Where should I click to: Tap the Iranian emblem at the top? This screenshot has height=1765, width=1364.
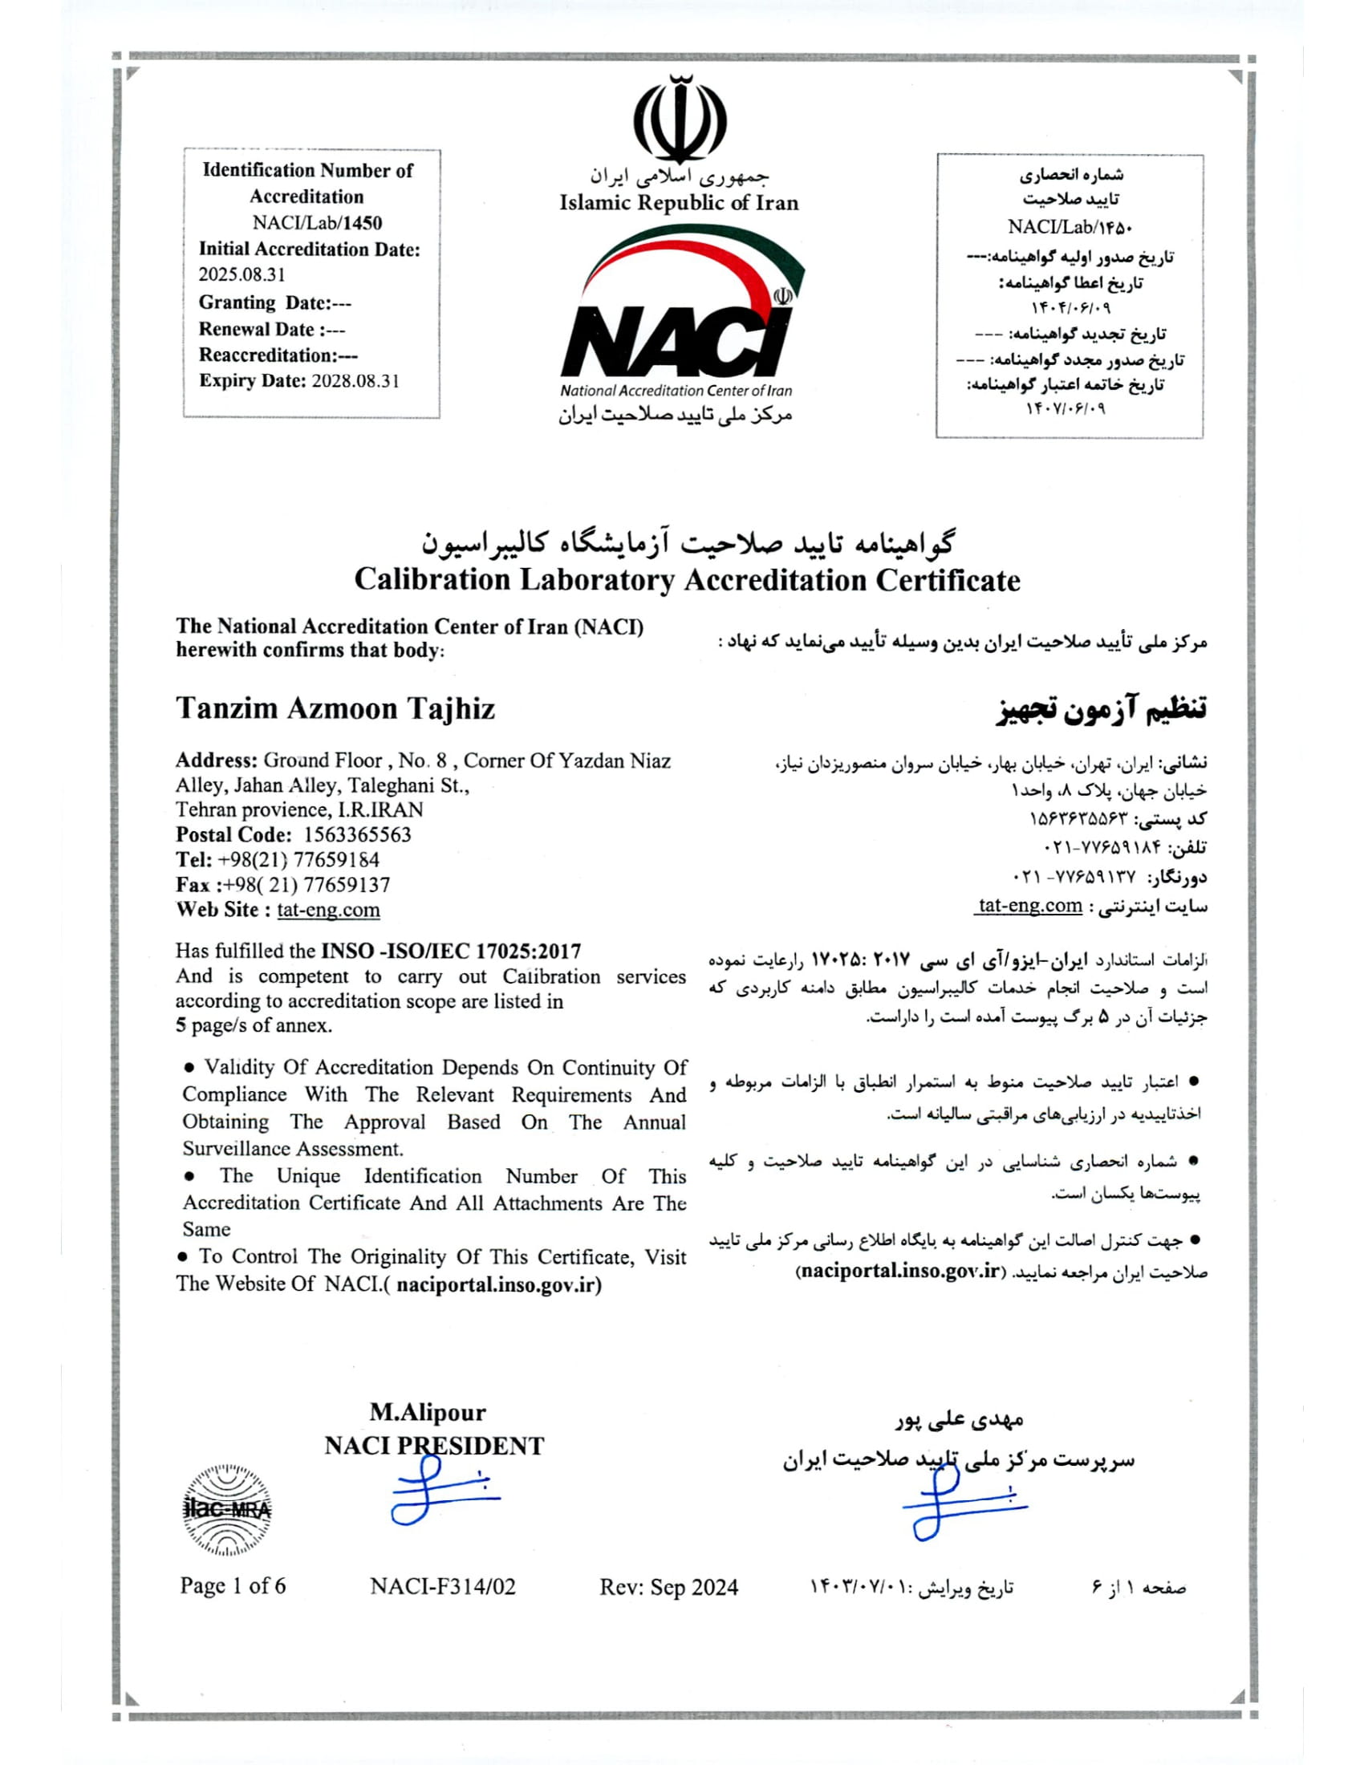tap(680, 119)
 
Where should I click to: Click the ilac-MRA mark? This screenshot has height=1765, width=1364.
tap(228, 1510)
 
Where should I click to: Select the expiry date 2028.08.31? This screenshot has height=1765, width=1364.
tap(355, 381)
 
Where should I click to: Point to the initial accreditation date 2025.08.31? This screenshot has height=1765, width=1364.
tap(242, 274)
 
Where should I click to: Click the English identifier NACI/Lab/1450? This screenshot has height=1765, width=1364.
tap(317, 223)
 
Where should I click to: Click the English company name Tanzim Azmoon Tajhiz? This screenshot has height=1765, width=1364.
tap(335, 708)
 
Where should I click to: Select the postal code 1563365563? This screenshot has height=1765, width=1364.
tap(357, 835)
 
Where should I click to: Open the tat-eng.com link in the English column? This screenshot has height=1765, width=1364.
tap(328, 910)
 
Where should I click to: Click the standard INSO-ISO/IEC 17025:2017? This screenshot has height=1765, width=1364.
tap(451, 952)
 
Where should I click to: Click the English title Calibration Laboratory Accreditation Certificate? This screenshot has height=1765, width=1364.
tap(687, 580)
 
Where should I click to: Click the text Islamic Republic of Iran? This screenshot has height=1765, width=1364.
tap(679, 203)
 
